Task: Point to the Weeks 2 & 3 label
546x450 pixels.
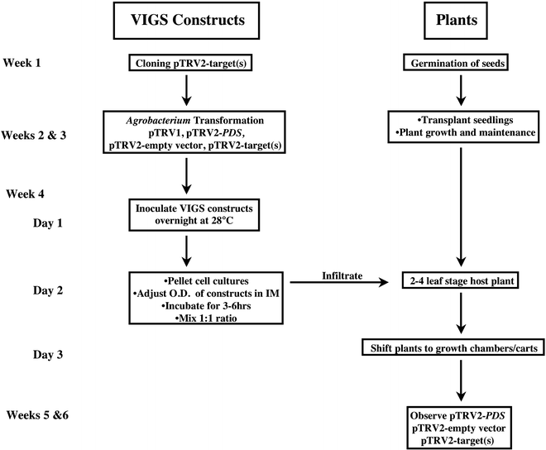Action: pyautogui.click(x=38, y=130)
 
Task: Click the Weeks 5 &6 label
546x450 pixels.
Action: pyautogui.click(x=38, y=414)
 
